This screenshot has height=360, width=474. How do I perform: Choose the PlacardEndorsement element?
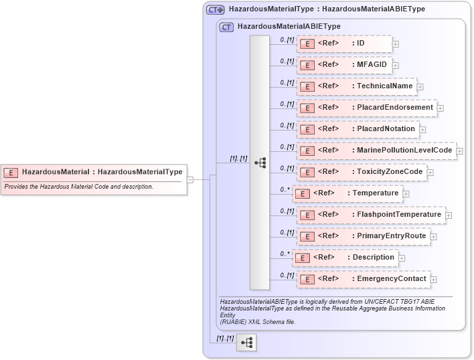pos(366,108)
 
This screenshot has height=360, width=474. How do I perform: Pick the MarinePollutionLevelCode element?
pos(376,151)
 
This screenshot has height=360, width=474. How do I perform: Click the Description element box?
pos(345,258)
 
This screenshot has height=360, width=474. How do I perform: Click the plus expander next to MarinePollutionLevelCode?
pos(460,151)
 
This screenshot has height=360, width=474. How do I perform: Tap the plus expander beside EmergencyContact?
pos(433,280)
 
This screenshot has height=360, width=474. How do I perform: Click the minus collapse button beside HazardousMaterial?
pos(190,179)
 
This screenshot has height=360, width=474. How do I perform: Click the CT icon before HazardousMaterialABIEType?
pos(226,27)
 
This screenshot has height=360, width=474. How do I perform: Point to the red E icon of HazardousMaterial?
pos(11,172)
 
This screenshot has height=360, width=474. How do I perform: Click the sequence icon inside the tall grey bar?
pos(260,163)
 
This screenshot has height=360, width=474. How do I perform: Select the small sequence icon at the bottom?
pos(246,343)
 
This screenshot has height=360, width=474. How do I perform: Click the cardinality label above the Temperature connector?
pos(285,189)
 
